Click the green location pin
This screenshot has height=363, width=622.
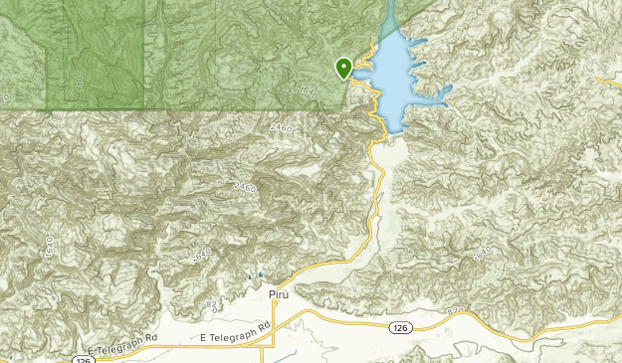pos(343,68)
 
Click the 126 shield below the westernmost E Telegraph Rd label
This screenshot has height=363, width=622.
pos(80,359)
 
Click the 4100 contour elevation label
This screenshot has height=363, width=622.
pos(78,79)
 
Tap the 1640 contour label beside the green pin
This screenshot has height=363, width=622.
pos(309,92)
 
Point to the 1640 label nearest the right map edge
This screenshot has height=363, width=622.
pos(483,257)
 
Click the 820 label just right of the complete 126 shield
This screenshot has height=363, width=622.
pos(456,312)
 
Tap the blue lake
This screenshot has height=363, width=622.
pos(398,80)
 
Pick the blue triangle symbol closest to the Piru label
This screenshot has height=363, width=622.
pos(261,274)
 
